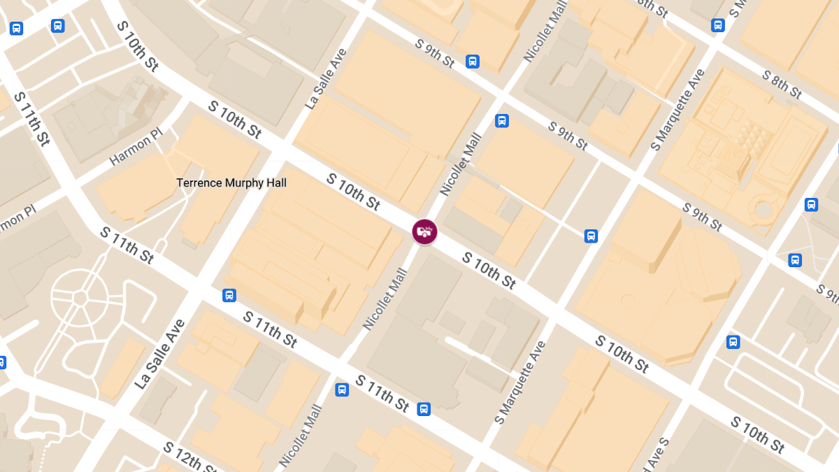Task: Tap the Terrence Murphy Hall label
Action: pyautogui.click(x=231, y=183)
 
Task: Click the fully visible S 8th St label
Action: pyautogui.click(x=782, y=84)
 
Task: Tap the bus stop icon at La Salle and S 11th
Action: pyautogui.click(x=229, y=296)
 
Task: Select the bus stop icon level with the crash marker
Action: pyautogui.click(x=591, y=236)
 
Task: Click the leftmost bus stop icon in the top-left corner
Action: pyautogui.click(x=17, y=29)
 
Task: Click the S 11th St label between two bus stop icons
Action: pyautogui.click(x=382, y=393)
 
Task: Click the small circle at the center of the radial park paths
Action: pyautogui.click(x=80, y=299)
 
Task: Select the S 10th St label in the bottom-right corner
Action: pyautogui.click(x=759, y=434)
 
